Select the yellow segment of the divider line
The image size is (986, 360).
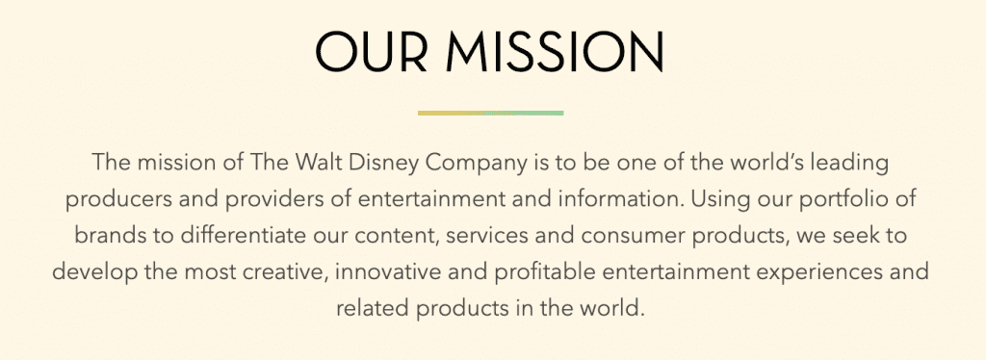454,113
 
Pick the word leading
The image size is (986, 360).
852,161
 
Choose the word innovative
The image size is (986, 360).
390,271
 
